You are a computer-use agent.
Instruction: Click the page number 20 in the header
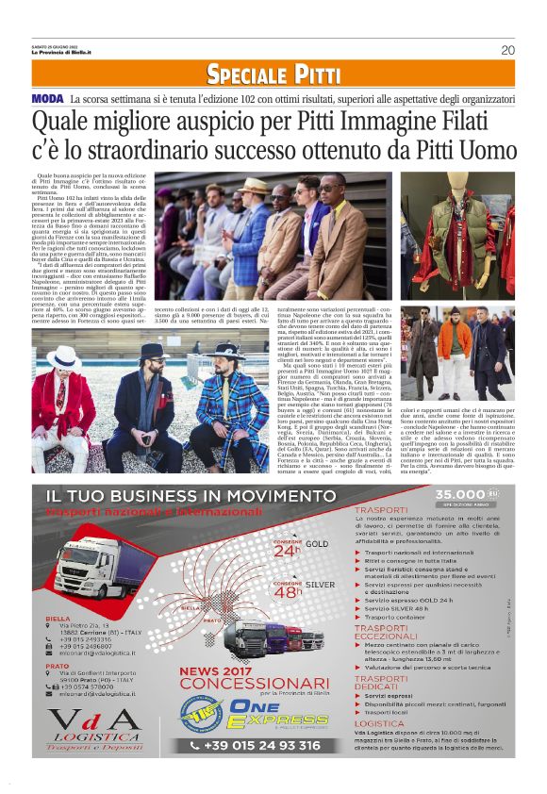coord(507,50)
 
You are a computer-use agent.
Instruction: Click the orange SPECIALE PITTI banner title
coord(274,74)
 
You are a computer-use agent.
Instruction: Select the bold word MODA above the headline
coord(47,99)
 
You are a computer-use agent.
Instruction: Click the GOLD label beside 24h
coord(317,544)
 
